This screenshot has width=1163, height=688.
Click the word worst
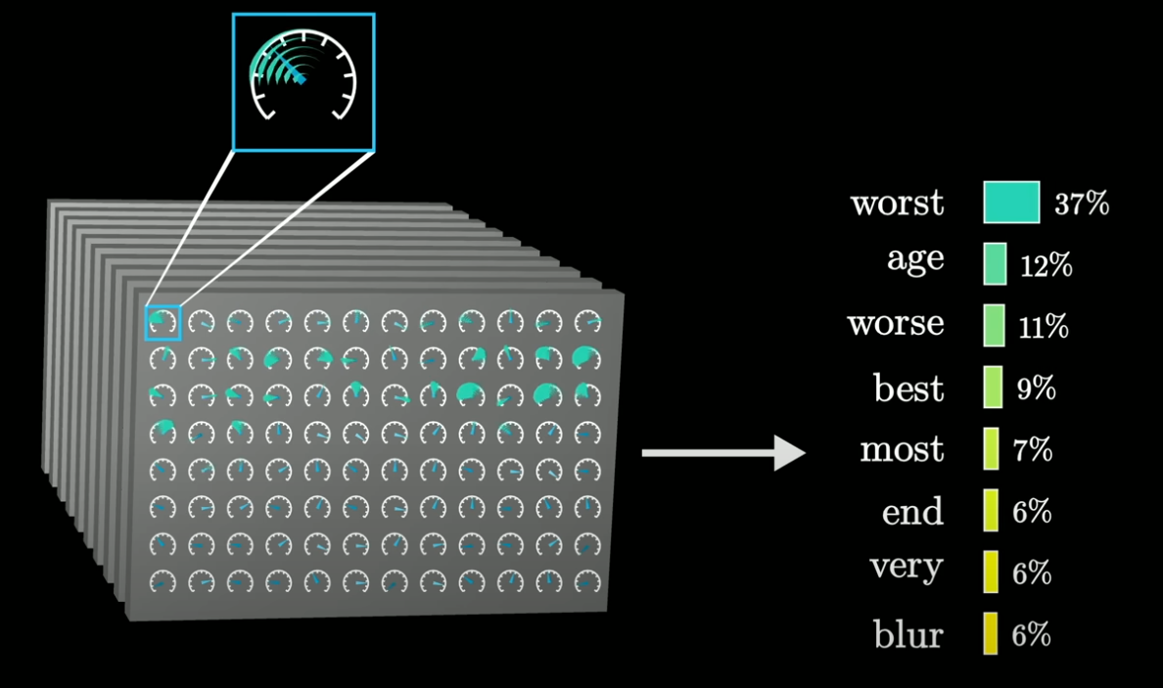point(898,204)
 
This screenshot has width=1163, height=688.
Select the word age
point(915,259)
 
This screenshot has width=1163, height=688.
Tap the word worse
point(896,324)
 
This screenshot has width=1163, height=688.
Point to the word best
point(908,389)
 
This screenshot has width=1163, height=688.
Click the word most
point(902,450)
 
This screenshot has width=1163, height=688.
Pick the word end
point(912,512)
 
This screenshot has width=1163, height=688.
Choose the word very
point(907,567)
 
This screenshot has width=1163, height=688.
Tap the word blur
point(908,635)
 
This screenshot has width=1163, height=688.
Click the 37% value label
point(1081,205)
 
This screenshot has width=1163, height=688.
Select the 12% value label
point(1046,265)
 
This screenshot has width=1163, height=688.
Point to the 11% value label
point(1043,327)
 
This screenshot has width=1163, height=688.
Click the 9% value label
point(1036,389)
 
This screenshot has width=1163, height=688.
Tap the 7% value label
point(1032,450)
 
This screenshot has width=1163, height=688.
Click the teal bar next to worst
point(1011,203)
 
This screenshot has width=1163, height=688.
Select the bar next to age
point(995,264)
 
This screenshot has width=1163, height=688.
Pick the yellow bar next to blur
point(991,634)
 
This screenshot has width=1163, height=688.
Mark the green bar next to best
point(993,388)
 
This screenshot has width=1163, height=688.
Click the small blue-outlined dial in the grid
point(163,322)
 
